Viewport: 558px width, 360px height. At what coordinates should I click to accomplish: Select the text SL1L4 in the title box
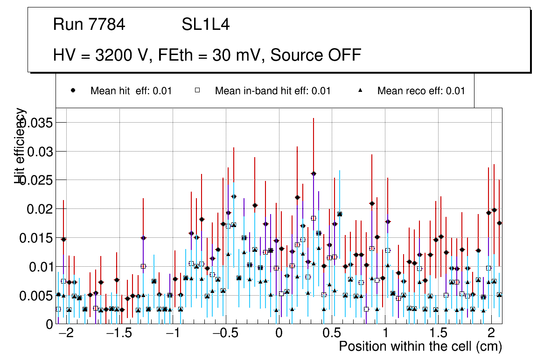[205, 25]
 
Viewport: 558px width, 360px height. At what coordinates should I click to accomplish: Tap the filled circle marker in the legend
[73, 90]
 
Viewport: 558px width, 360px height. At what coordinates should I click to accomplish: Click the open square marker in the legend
[197, 90]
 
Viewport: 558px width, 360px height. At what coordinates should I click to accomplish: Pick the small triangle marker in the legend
[360, 90]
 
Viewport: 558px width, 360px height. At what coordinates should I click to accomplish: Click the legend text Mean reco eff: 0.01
[421, 91]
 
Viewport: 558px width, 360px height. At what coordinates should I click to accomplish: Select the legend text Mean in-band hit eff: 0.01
[272, 91]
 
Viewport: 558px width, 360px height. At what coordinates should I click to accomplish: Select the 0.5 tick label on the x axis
[332, 334]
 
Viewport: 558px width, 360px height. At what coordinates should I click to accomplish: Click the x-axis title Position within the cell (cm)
[420, 347]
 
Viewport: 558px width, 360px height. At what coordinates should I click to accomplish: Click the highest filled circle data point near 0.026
[314, 173]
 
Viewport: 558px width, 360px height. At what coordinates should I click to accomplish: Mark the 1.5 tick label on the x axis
[438, 334]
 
